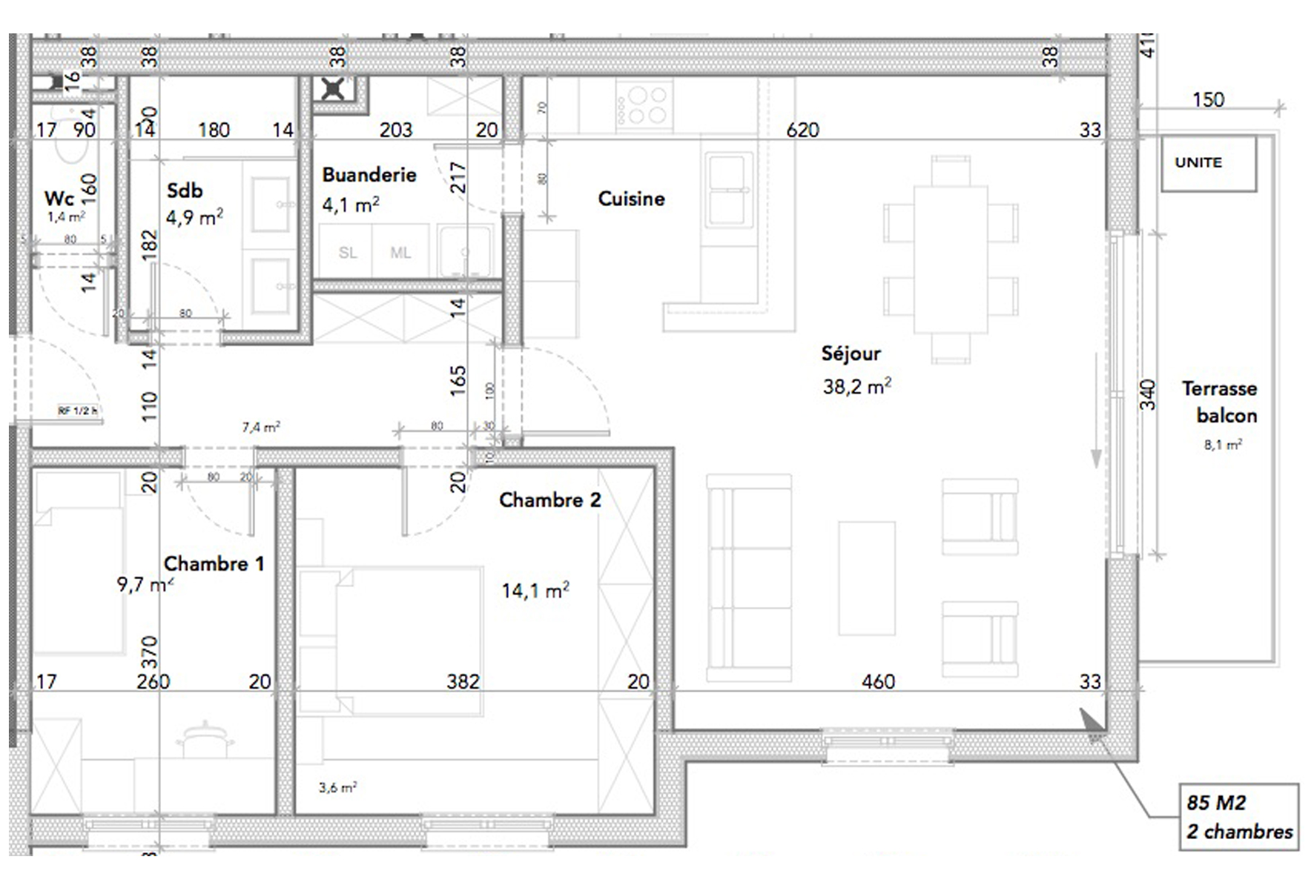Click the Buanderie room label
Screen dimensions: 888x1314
click(369, 175)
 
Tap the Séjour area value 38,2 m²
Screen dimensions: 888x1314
click(856, 386)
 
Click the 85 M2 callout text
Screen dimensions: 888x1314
click(1216, 803)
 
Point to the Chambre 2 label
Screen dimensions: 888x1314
click(549, 500)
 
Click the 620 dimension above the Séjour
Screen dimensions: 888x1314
click(802, 130)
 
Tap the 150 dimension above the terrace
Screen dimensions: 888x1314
click(1207, 99)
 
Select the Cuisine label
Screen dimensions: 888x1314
click(631, 199)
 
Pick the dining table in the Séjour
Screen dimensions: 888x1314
click(951, 259)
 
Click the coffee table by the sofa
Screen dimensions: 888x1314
click(866, 578)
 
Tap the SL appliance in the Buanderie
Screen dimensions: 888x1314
click(347, 253)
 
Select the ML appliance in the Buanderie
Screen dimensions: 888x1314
click(400, 253)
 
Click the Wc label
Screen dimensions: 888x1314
click(59, 198)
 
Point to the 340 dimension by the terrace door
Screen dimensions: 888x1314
click(1148, 394)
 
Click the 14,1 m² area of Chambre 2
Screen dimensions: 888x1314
click(535, 591)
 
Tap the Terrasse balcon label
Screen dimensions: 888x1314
click(1219, 402)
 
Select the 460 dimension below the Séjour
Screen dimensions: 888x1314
click(878, 681)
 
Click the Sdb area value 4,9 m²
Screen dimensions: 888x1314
click(194, 218)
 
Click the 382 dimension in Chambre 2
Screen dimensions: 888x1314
click(463, 681)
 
